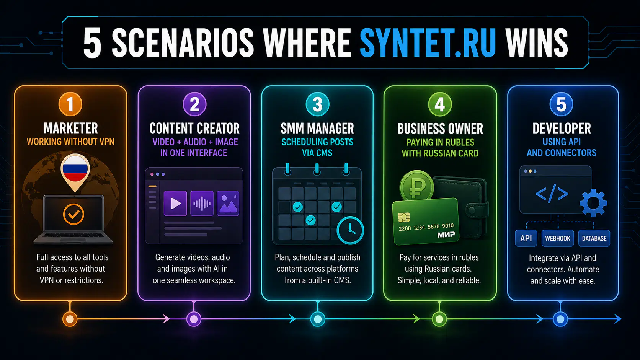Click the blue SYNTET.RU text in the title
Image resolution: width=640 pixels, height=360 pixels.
(428, 43)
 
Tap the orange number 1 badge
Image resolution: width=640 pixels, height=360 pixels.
(70, 104)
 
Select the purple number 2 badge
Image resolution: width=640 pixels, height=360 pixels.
(194, 104)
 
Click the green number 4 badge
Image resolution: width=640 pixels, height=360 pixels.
(440, 104)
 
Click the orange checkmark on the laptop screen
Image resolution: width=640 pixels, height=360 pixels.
(73, 214)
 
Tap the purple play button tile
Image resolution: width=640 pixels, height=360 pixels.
(175, 203)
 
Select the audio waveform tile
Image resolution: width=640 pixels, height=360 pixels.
(202, 203)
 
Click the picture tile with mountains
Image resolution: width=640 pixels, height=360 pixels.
(228, 203)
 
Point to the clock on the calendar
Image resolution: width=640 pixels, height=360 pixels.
(350, 230)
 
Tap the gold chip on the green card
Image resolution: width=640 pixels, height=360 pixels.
(404, 218)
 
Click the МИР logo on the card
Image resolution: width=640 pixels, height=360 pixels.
(446, 235)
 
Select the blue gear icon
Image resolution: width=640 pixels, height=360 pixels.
(593, 203)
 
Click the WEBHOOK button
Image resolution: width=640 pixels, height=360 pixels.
(557, 238)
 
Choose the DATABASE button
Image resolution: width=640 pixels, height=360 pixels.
(594, 238)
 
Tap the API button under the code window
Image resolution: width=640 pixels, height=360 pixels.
(526, 238)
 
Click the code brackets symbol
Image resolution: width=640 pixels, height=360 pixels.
(552, 194)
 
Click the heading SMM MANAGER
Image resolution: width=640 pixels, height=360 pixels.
(317, 128)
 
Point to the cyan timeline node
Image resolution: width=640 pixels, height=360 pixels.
(318, 319)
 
